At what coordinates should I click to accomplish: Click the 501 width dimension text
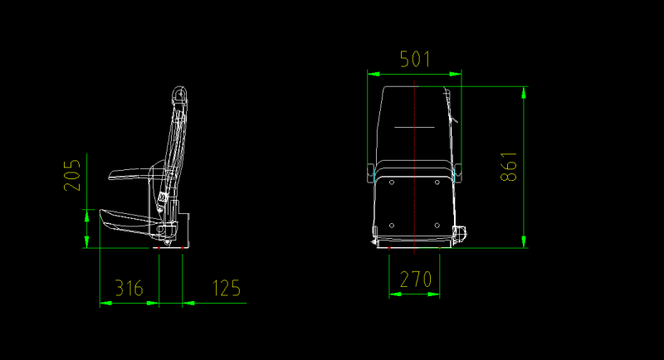(414, 59)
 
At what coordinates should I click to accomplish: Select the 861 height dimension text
(509, 166)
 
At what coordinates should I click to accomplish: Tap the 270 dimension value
(415, 280)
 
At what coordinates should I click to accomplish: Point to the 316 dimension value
(129, 289)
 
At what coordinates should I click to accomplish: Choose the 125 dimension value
(226, 289)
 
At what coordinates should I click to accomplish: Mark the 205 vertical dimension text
(73, 174)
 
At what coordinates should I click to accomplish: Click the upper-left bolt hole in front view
(391, 182)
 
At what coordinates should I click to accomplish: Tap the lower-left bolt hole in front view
(391, 225)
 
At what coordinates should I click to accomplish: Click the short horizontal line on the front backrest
(414, 127)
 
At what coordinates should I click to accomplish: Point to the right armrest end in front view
(458, 172)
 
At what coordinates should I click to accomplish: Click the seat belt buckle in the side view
(164, 199)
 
